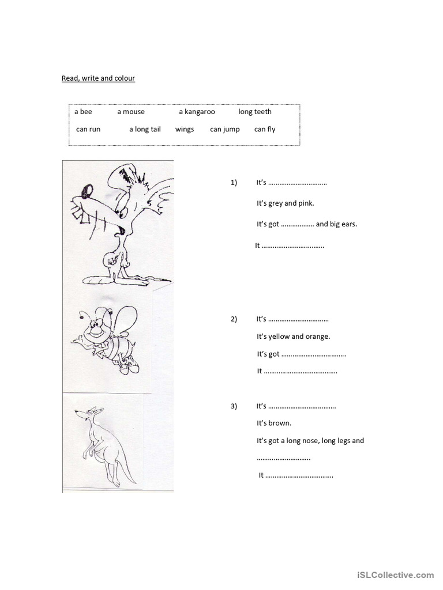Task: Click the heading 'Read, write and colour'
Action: [98, 78]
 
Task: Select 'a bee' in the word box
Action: [83, 112]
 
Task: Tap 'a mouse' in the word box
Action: [131, 112]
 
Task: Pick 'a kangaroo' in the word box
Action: [197, 112]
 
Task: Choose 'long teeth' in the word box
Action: [255, 112]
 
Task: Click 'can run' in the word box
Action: [88, 129]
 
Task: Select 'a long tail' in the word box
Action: [145, 129]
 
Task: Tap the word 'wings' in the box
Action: [185, 129]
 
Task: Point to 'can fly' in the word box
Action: [265, 129]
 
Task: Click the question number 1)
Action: [234, 183]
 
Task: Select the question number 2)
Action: [234, 319]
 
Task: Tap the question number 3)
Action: [234, 406]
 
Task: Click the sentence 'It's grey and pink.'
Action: [286, 203]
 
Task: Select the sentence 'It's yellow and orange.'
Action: [294, 336]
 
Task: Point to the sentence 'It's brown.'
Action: [274, 423]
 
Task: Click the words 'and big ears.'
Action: [337, 224]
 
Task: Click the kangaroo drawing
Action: [104, 444]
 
